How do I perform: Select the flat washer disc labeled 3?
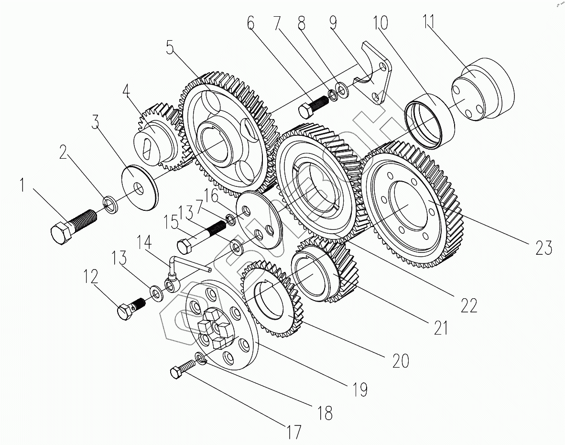pyautogui.click(x=139, y=187)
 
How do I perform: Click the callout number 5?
pyautogui.click(x=170, y=48)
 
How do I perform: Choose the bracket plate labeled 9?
pyautogui.click(x=378, y=76)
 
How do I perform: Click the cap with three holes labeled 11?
pyautogui.click(x=483, y=91)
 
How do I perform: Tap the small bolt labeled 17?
pyautogui.click(x=183, y=369)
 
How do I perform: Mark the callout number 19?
pyautogui.click(x=359, y=390)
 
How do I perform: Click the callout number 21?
pyautogui.click(x=440, y=328)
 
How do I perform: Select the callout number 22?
pyautogui.click(x=469, y=305)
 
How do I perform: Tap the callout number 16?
pyautogui.click(x=212, y=195)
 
